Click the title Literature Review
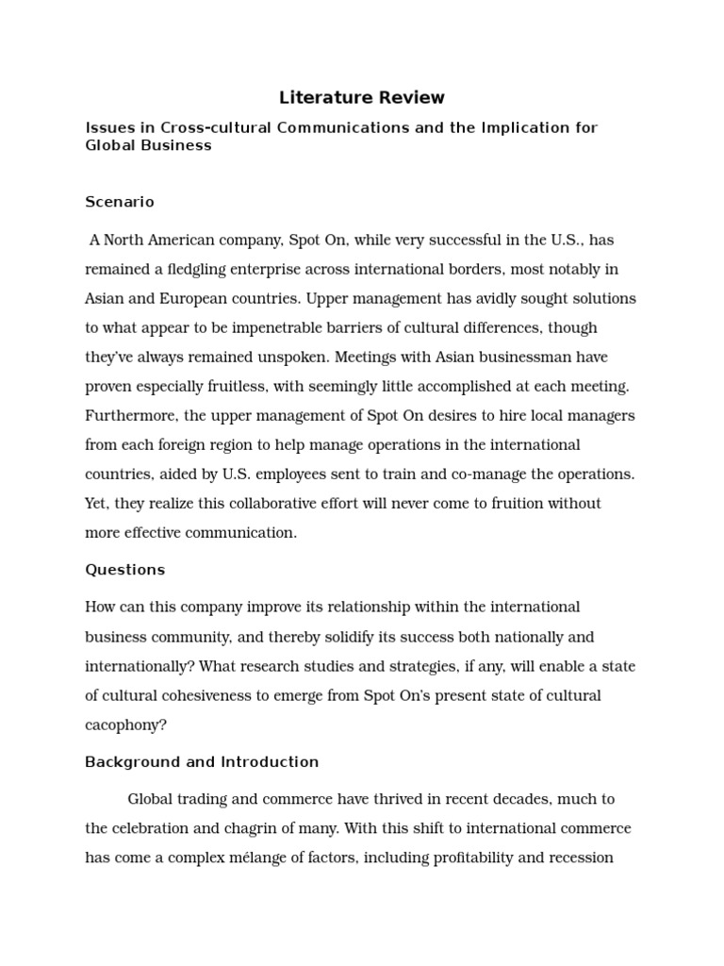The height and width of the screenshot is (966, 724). point(362,97)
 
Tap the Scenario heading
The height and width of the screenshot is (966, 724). point(120,202)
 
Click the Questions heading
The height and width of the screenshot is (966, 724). point(124,570)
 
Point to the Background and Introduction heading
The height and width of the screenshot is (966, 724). point(202,762)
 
